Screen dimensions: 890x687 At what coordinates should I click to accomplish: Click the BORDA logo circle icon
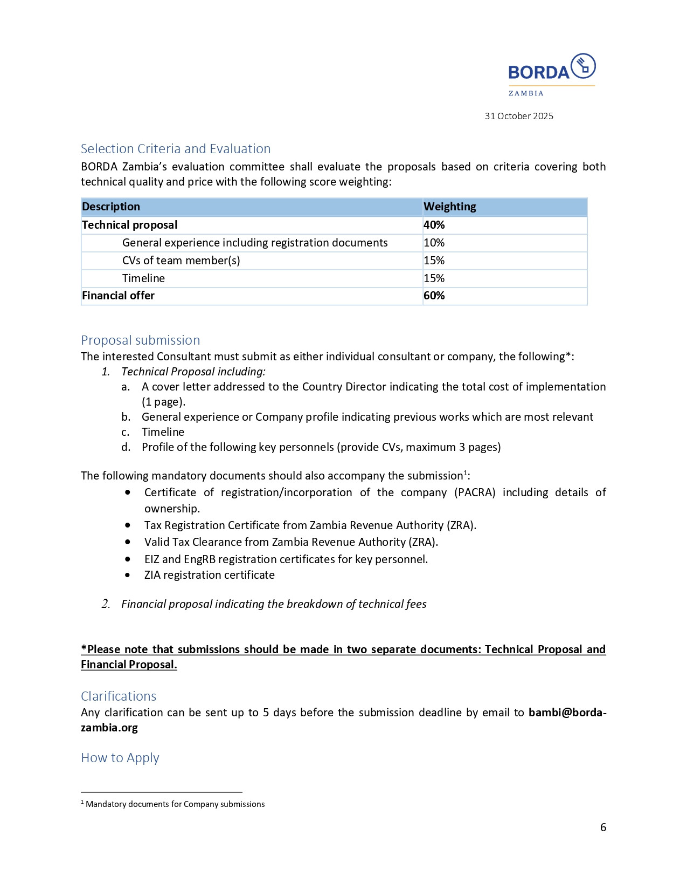[x=583, y=66]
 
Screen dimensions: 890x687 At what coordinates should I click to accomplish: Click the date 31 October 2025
[x=519, y=116]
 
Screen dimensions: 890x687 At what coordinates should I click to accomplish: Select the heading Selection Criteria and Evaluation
[x=176, y=149]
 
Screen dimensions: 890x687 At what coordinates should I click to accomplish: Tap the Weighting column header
[x=450, y=207]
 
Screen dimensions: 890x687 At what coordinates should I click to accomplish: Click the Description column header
[x=111, y=207]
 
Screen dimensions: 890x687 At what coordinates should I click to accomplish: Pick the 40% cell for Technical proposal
[x=434, y=225]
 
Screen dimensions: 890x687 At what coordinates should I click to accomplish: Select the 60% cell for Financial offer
[x=434, y=296]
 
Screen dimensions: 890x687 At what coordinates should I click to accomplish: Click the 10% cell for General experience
[x=434, y=243]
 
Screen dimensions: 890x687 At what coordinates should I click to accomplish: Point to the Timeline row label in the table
[x=143, y=278]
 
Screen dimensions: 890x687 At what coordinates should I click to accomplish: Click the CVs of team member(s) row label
[x=181, y=261]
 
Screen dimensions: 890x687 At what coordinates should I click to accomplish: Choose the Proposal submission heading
[x=140, y=340]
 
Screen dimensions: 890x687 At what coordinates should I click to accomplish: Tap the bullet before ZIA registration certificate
[x=127, y=575]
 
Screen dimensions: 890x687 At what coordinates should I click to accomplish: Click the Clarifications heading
[x=119, y=696]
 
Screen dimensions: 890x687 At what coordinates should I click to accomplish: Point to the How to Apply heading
[x=120, y=758]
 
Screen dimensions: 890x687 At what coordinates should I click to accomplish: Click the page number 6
[x=603, y=827]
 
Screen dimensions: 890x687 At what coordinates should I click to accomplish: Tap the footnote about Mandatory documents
[x=175, y=804]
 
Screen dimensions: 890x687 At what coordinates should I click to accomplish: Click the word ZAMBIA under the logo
[x=526, y=93]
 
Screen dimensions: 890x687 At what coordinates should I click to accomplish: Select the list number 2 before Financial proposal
[x=106, y=604]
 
